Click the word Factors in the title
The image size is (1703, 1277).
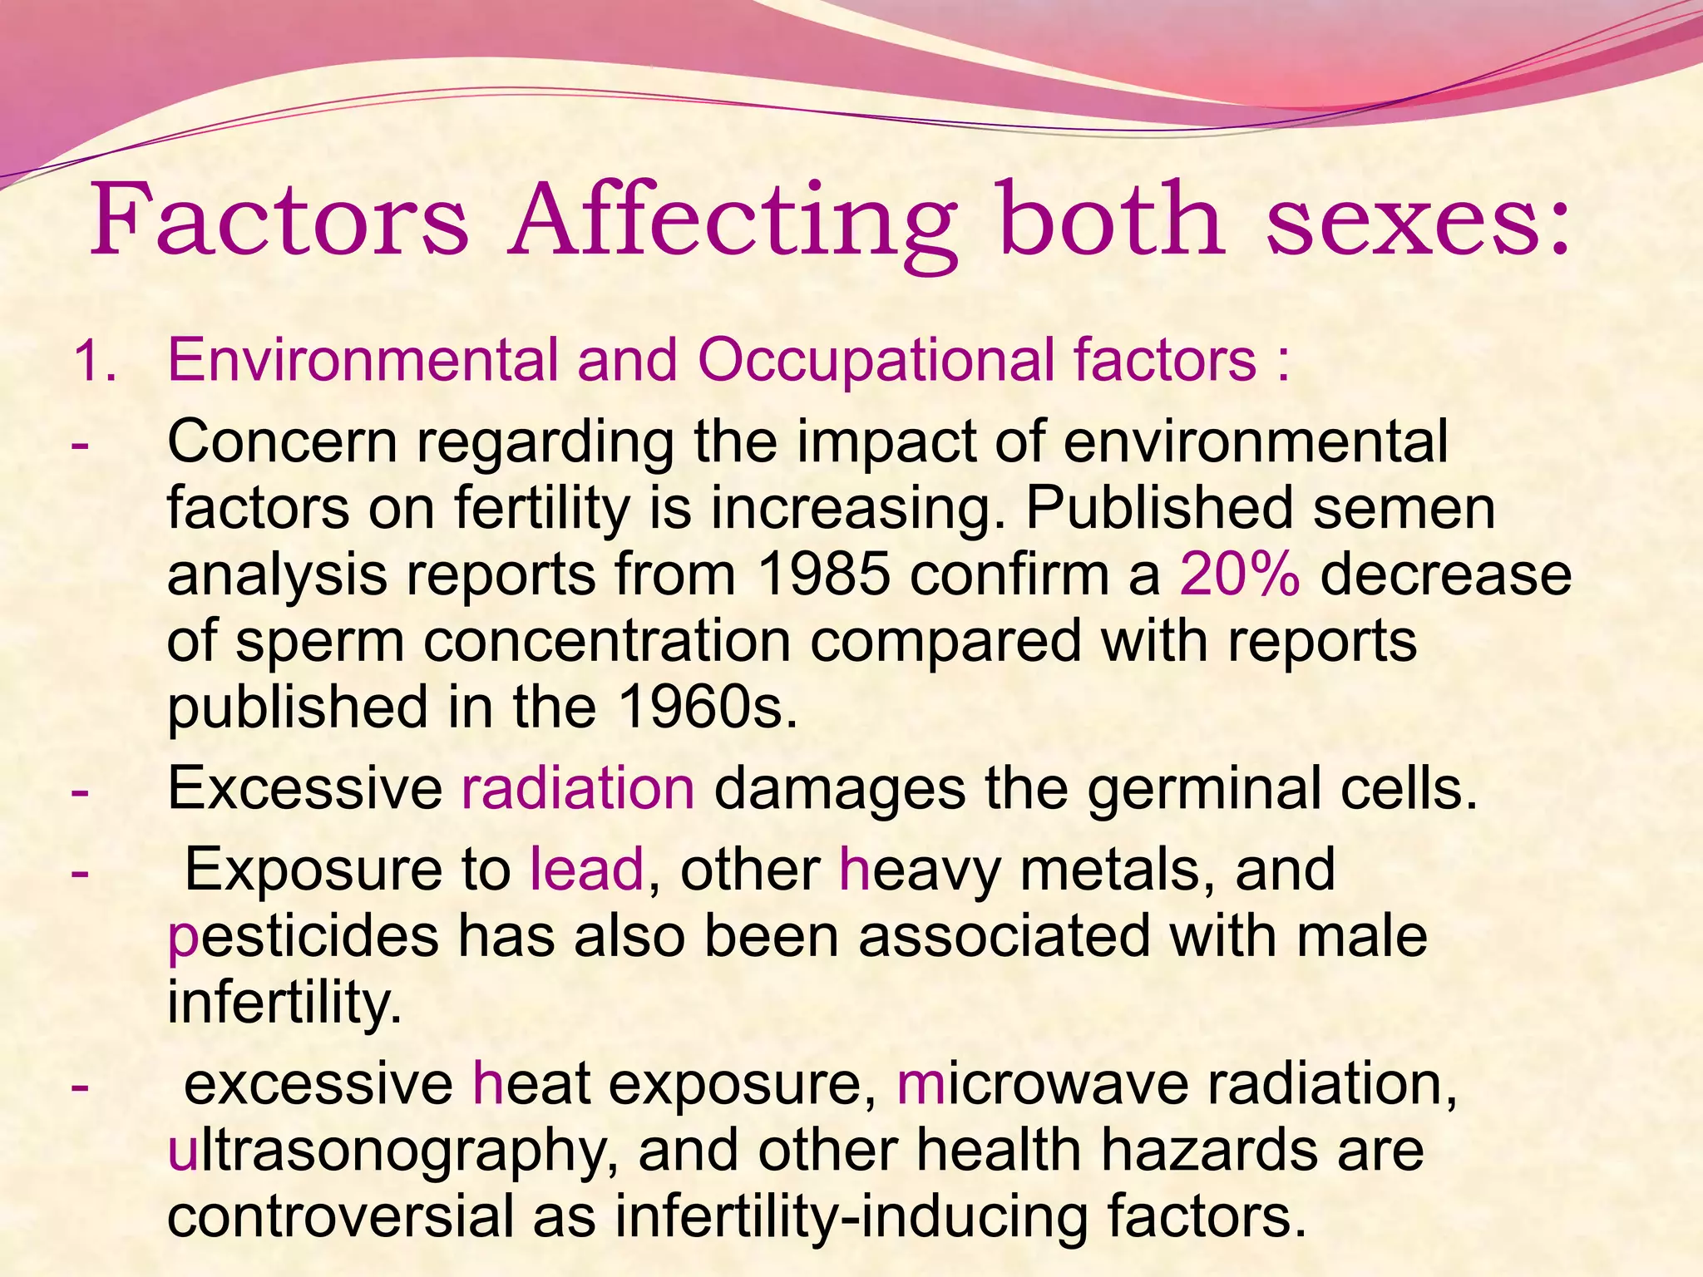(x=279, y=220)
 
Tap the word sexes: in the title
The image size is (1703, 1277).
(x=1418, y=220)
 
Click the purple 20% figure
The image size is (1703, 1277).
(x=1239, y=575)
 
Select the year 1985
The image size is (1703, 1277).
(x=824, y=575)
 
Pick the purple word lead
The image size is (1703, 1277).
(x=587, y=870)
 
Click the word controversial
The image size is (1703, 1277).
(x=340, y=1216)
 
